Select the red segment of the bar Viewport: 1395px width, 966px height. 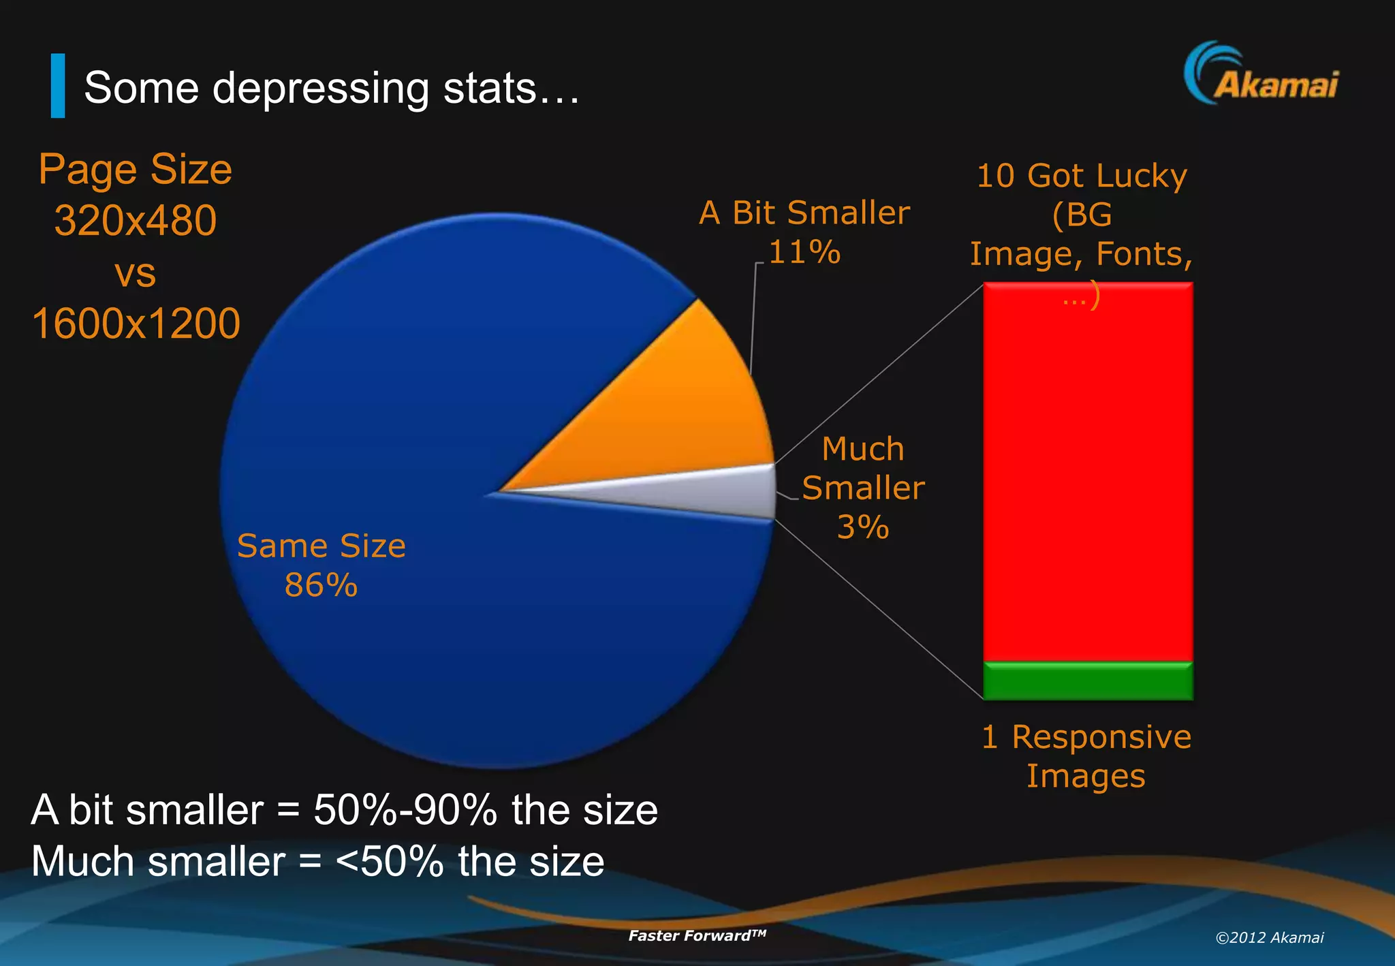1088,477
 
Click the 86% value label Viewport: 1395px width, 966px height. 321,585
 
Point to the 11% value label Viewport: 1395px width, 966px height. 804,252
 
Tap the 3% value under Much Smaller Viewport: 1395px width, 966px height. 863,527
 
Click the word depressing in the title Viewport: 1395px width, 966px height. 321,89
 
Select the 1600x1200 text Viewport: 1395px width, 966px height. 136,323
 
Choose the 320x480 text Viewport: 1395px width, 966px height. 136,221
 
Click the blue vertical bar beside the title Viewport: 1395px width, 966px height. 58,86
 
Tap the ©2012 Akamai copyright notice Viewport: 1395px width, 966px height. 1270,937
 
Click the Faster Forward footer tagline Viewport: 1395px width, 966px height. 697,935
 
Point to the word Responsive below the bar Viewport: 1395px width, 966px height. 1101,737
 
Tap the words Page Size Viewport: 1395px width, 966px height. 136,169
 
